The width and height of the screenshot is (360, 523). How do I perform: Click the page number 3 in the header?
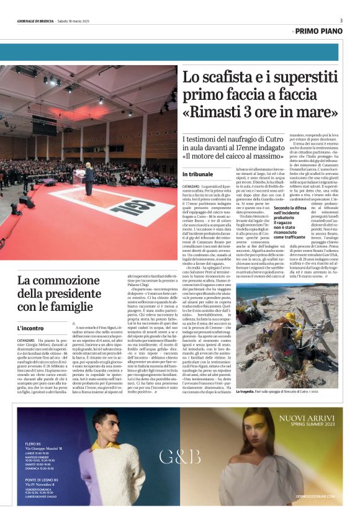(341, 20)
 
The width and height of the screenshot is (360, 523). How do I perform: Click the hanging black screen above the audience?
(45, 126)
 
